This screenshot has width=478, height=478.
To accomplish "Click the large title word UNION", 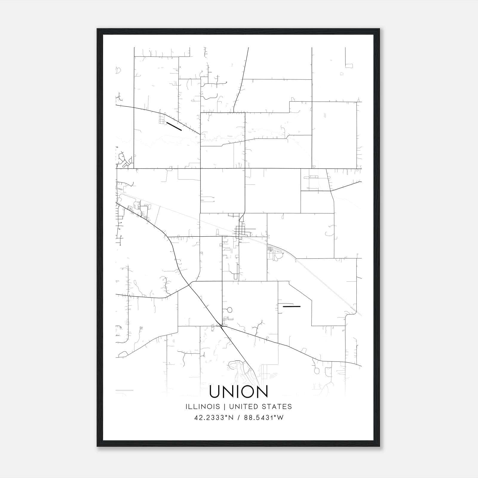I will point(239,392).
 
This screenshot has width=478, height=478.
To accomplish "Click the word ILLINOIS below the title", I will point(203,407).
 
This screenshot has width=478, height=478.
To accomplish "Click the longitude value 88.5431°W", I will point(264,418).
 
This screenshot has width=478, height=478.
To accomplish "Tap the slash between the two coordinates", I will point(238,418).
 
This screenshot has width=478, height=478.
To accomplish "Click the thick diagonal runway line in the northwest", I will point(174,126).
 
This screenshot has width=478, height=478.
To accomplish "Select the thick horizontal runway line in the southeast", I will point(291,306).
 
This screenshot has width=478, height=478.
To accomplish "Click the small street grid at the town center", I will point(240,231).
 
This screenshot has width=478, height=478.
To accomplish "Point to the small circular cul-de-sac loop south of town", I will point(229,310).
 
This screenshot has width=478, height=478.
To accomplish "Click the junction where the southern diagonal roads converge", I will point(221,326).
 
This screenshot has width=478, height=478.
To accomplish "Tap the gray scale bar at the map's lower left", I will point(124,390).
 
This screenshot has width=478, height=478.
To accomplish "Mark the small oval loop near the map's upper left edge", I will point(118,71).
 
